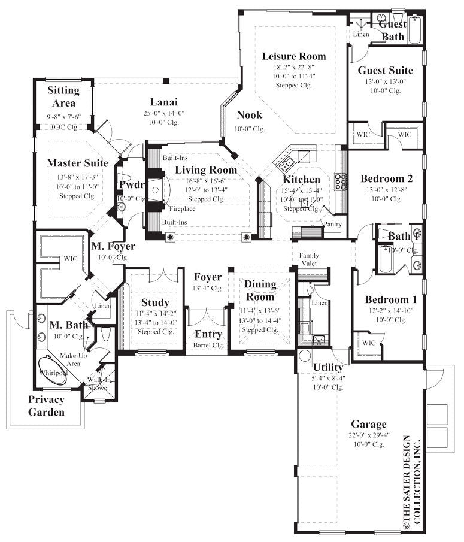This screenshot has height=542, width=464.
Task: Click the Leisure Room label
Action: pyautogui.click(x=294, y=56)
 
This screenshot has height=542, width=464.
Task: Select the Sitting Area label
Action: pyautogui.click(x=63, y=96)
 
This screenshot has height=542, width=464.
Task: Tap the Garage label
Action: pyautogui.click(x=368, y=424)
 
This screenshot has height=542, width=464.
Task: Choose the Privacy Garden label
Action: pyautogui.click(x=46, y=406)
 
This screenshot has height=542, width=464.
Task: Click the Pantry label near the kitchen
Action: pyautogui.click(x=332, y=225)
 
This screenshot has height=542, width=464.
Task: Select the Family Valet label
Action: pyautogui.click(x=309, y=259)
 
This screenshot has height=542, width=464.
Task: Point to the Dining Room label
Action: pyautogui.click(x=260, y=290)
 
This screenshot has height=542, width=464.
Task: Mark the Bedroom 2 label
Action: pyautogui.click(x=387, y=178)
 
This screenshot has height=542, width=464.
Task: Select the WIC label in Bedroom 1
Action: pyautogui.click(x=368, y=343)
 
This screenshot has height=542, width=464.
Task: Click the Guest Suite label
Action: pyautogui.click(x=385, y=70)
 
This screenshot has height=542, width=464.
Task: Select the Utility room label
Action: pyautogui.click(x=328, y=367)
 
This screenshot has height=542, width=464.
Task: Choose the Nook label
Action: pyautogui.click(x=249, y=114)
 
